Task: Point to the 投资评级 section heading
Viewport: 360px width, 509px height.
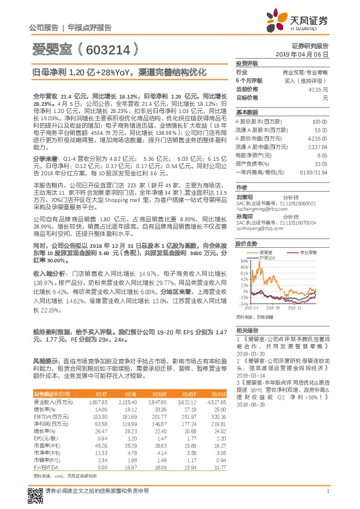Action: tap(247, 62)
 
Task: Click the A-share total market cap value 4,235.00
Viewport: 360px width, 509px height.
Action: tap(318, 137)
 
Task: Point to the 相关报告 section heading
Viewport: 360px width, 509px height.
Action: tap(247, 330)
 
